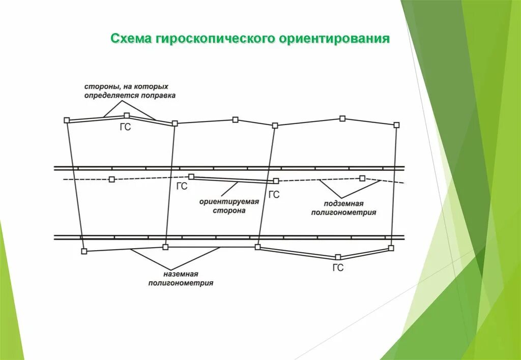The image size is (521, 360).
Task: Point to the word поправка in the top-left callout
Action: coord(159,96)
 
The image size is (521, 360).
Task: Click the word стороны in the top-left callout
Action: coord(99,87)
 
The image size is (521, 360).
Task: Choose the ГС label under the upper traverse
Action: coord(125,128)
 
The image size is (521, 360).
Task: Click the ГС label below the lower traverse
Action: coord(338,268)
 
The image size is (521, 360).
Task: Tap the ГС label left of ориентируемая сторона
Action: coord(182,187)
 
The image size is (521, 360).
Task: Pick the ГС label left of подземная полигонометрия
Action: coord(274,194)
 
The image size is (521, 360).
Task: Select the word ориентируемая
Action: coord(229,201)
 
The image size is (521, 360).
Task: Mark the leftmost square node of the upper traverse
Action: coord(67,120)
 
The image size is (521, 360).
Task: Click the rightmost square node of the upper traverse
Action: coord(396,125)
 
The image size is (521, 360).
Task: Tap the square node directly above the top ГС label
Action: coord(127,115)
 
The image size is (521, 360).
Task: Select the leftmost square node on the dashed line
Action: coord(112,179)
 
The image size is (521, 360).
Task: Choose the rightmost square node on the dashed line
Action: coord(362,178)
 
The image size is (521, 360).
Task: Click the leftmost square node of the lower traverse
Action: coord(84,251)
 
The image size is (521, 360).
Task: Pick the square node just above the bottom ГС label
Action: coord(338,257)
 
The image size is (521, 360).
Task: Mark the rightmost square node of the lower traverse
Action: coord(391,248)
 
